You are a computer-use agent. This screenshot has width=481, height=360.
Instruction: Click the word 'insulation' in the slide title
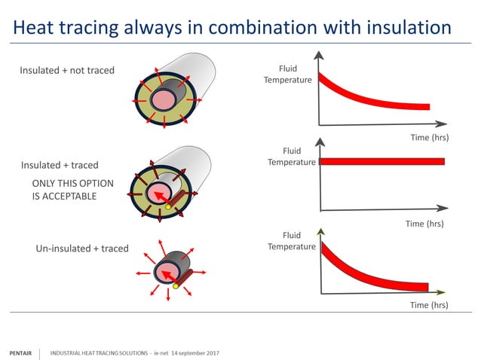404,28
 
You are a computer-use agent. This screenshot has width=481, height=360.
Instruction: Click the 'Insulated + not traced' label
67,70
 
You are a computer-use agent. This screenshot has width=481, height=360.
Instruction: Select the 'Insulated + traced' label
60,165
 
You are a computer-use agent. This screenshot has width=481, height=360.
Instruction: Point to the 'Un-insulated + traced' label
82,248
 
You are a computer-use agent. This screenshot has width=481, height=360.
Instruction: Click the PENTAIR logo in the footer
20,352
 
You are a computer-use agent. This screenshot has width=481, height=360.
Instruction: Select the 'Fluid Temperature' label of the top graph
287,75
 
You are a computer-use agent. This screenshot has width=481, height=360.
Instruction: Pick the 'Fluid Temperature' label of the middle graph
292,157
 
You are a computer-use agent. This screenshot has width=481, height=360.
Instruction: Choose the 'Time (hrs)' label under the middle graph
424,223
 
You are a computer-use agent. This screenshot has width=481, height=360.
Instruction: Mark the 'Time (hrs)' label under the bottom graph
429,304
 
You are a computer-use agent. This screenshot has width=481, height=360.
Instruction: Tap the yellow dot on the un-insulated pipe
176,285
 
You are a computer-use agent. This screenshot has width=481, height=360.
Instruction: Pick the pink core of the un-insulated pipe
166,270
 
